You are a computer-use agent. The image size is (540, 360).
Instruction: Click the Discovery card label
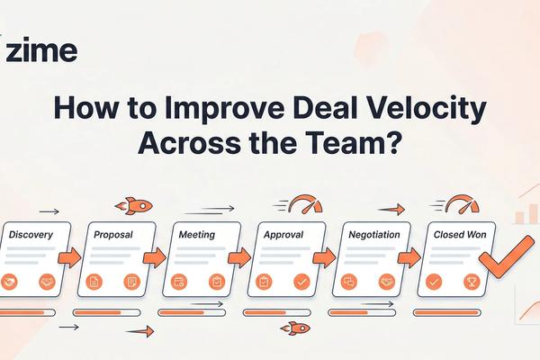[31, 235]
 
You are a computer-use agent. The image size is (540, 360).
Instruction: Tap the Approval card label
[283, 235]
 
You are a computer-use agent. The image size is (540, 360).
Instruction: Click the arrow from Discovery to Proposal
[70, 258]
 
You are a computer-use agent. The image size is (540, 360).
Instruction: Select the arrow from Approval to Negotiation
[322, 258]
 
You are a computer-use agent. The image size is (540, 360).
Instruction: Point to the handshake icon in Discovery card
[13, 282]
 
